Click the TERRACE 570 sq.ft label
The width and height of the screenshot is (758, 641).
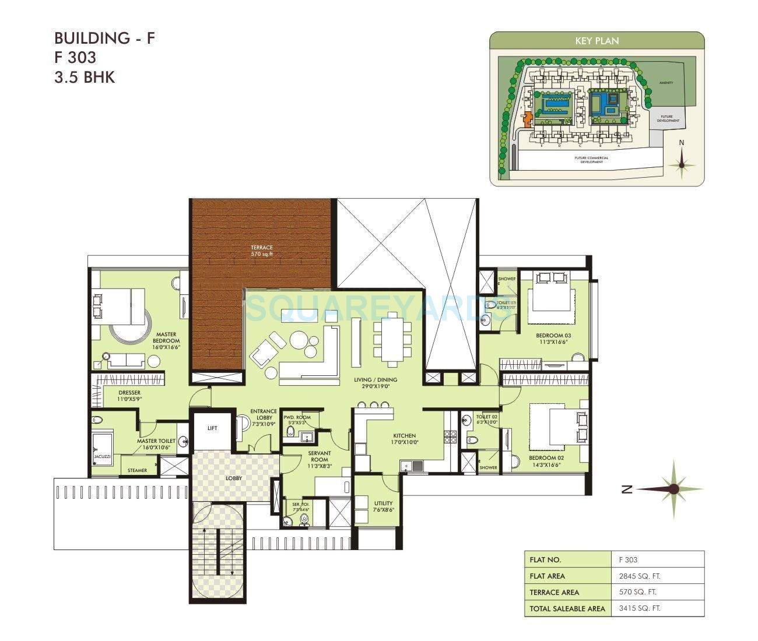point(262,251)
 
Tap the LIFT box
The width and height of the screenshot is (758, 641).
point(212,428)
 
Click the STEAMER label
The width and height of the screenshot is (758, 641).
point(138,470)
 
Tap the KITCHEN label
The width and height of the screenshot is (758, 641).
point(404,439)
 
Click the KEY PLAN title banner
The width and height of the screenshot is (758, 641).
point(596,41)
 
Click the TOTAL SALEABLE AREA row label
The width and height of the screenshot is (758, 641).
point(567,608)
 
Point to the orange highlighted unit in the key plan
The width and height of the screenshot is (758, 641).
point(527,120)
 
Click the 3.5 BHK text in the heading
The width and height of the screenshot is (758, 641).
point(85,78)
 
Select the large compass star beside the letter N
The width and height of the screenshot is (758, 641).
point(674,489)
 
